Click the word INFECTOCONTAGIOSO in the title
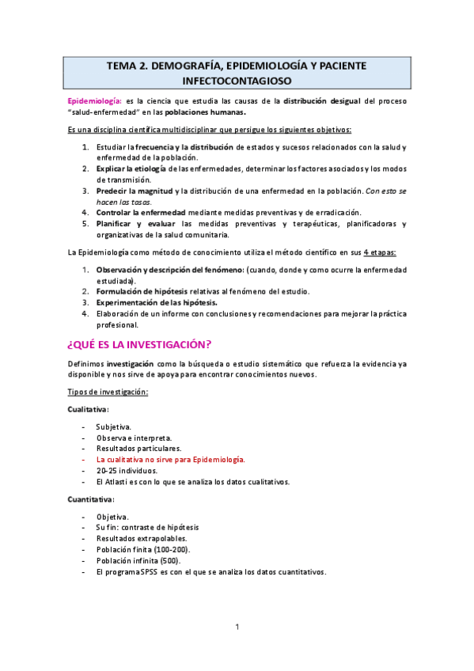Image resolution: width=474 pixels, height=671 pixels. tap(236, 81)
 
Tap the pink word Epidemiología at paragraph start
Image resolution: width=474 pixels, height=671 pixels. tap(93, 101)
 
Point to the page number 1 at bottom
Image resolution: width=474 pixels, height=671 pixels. tap(237, 627)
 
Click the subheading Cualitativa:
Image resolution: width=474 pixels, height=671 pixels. tap(89, 409)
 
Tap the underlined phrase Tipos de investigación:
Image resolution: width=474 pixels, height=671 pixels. tap(108, 392)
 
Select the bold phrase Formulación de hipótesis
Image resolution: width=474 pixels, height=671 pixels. tap(142, 291)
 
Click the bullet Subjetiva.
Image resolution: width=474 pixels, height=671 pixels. tap(114, 426)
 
